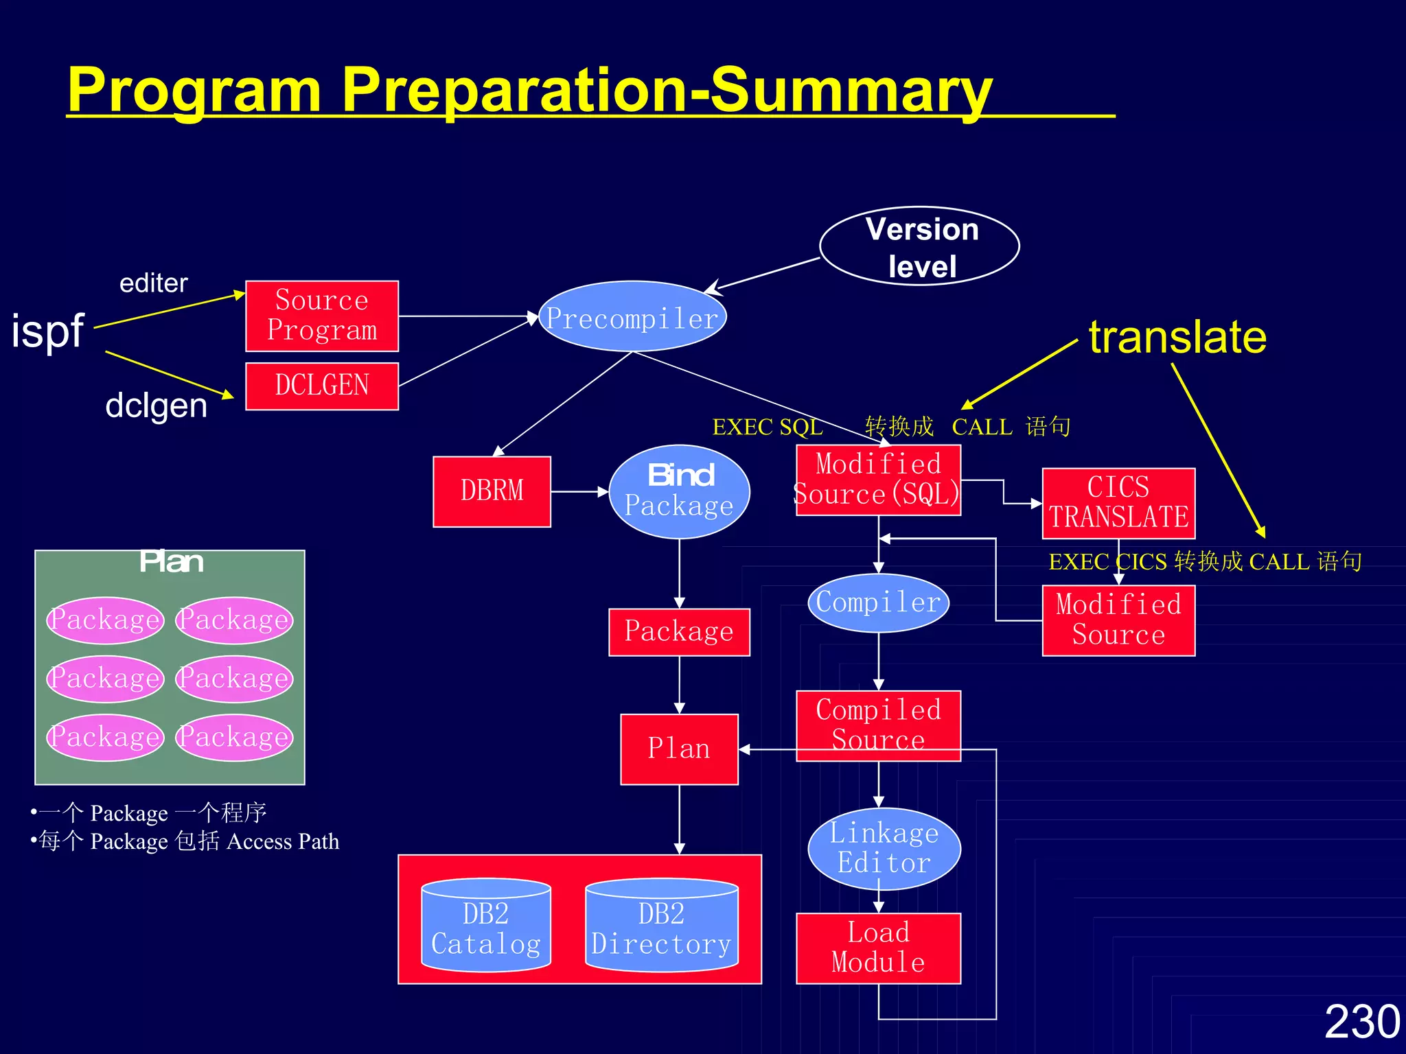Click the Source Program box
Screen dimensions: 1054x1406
click(322, 316)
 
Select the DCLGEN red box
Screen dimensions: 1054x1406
click(322, 386)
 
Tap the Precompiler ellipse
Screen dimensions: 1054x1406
click(632, 317)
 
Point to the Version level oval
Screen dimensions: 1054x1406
click(919, 246)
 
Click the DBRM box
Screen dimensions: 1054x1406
click(492, 491)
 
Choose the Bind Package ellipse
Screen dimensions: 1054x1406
click(679, 491)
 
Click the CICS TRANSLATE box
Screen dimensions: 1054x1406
click(1118, 503)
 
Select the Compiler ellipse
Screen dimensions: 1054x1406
click(878, 602)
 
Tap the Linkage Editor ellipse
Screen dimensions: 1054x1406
click(884, 848)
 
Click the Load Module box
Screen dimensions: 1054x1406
click(878, 948)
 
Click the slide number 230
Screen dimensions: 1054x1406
click(1361, 1022)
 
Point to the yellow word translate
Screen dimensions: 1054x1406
click(1177, 337)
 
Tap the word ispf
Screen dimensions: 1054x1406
click(47, 331)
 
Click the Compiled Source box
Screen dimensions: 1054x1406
click(878, 725)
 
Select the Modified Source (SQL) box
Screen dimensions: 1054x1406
click(878, 480)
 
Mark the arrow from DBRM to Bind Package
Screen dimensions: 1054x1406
click(579, 491)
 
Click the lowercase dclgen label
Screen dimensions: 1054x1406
click(156, 406)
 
